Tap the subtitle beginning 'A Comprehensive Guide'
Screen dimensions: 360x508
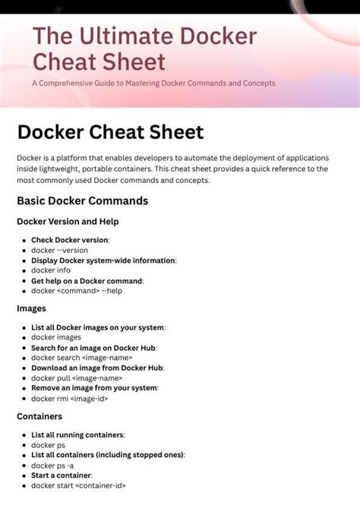pos(153,83)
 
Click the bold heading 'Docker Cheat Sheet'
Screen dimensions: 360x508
pos(110,132)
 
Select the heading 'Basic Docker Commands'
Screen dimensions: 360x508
pos(82,201)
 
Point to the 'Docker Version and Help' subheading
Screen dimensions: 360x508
pos(68,222)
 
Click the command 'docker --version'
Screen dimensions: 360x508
pos(59,250)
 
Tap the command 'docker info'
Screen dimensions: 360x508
pos(51,270)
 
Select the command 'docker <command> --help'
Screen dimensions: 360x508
pos(77,290)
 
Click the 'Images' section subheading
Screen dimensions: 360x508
pos(31,308)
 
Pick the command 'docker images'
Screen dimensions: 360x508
pos(56,337)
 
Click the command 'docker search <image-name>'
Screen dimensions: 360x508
pos(82,357)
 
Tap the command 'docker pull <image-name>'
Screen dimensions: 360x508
pos(77,377)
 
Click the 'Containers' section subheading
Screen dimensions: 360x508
pos(39,416)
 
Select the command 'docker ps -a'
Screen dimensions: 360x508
pos(52,465)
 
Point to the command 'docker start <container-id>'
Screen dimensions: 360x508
pos(78,485)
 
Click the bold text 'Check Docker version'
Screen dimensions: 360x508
pos(70,240)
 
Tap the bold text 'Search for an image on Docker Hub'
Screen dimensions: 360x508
pos(93,347)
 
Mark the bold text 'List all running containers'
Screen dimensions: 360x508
pos(77,435)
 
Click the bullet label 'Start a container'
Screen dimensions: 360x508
pos(61,475)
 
